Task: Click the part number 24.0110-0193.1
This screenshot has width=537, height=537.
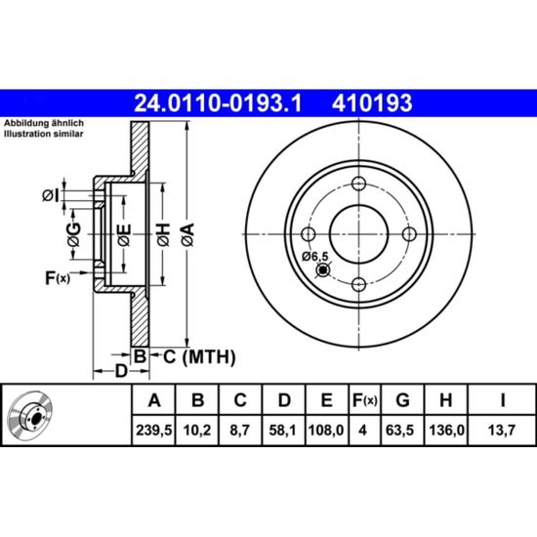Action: [218, 103]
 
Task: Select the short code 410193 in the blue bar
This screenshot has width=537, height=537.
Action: [372, 103]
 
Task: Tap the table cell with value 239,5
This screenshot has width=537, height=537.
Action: [153, 430]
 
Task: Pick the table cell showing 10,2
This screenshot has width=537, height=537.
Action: [197, 430]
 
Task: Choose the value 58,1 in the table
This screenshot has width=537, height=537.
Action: [283, 430]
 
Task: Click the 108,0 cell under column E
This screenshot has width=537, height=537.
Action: [326, 430]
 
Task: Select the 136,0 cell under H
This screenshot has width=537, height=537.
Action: [446, 430]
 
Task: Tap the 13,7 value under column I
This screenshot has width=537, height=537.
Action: [502, 430]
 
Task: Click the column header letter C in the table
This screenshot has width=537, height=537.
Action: [240, 399]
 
